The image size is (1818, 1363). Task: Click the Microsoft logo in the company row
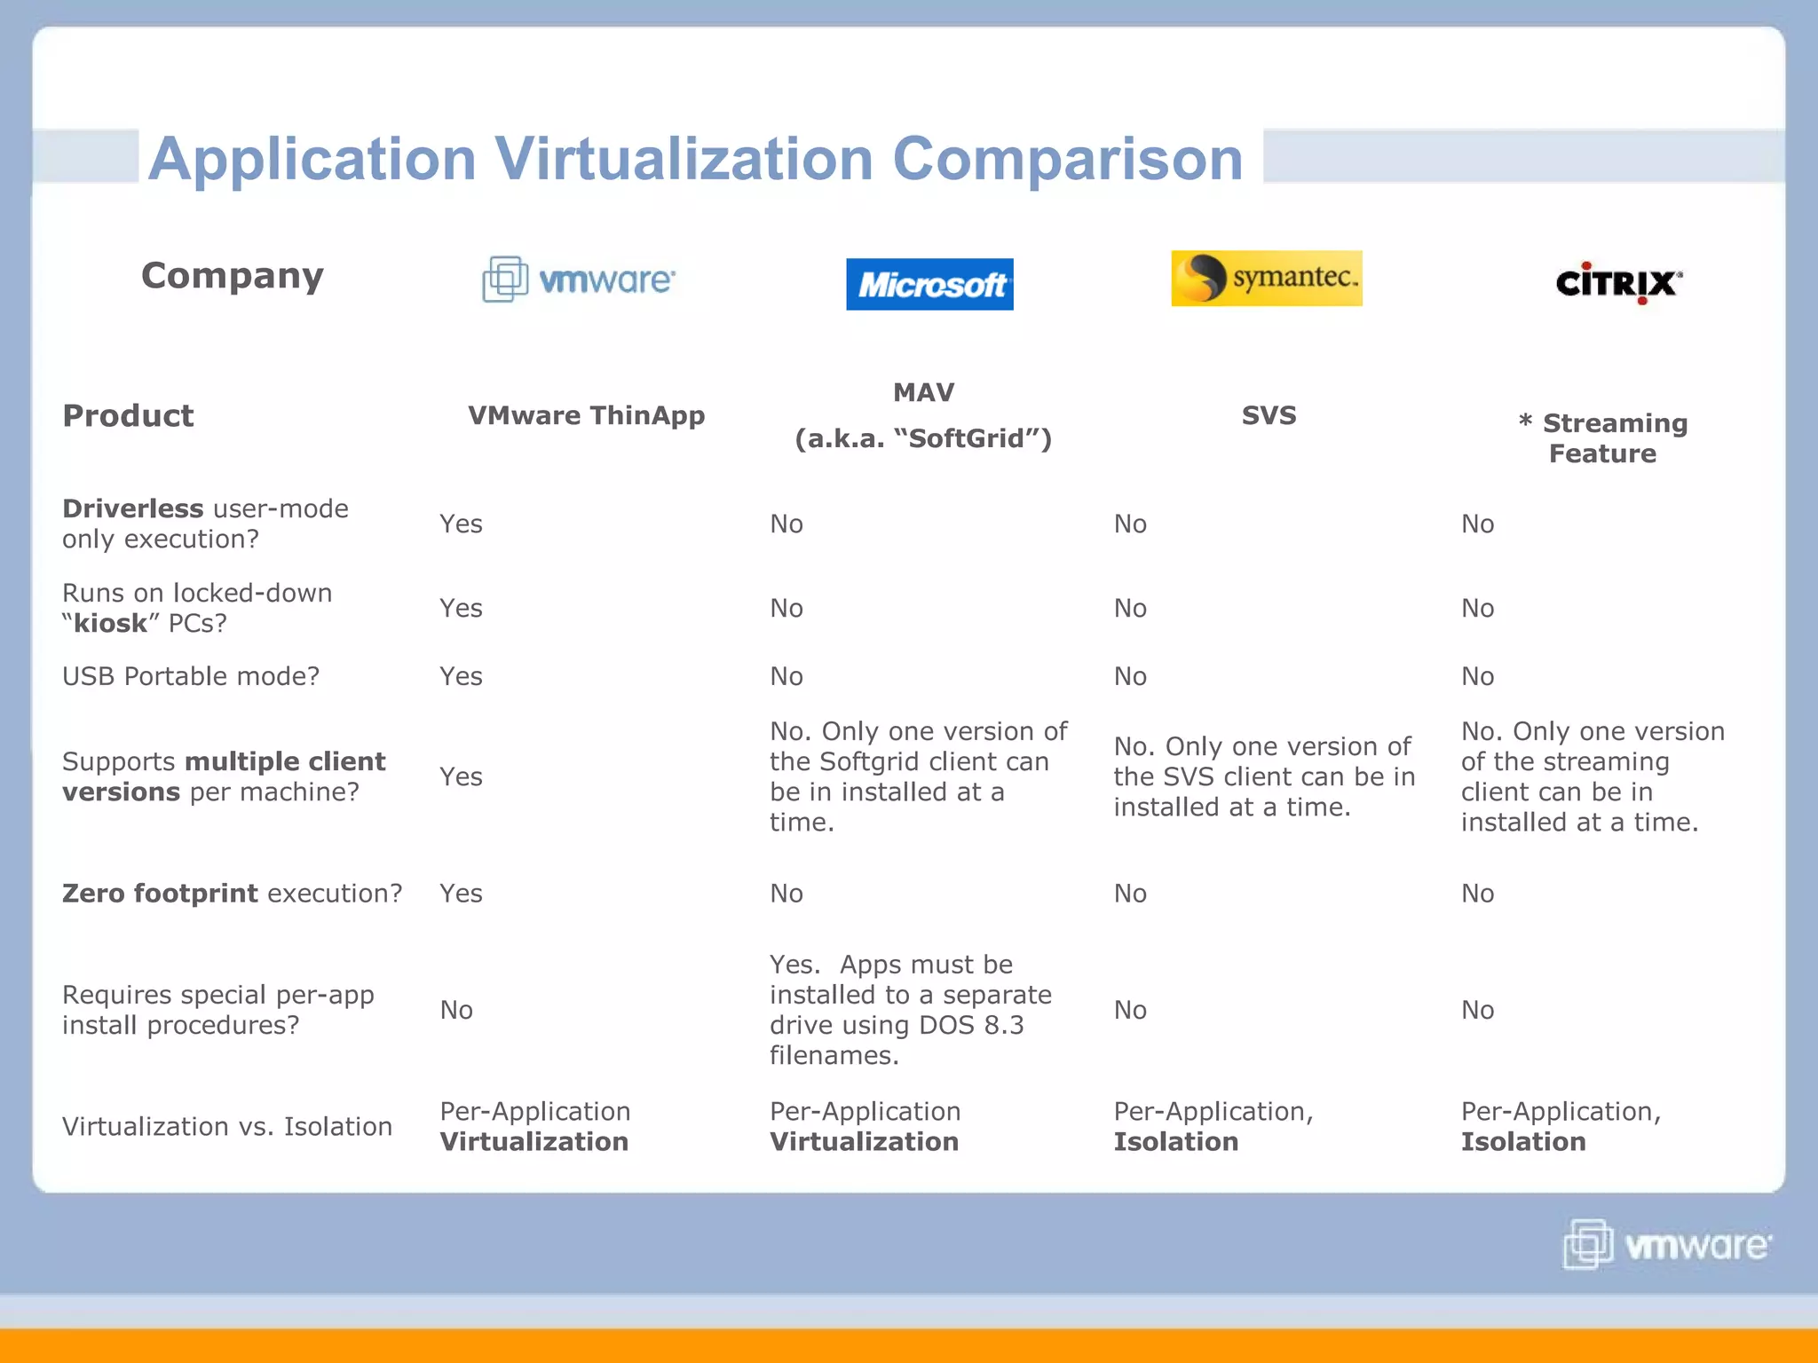(929, 284)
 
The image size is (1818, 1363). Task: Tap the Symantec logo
(1267, 278)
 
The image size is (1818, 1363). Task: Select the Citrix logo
(1618, 284)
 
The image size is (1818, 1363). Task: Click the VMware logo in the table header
(579, 280)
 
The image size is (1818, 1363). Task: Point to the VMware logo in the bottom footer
(1667, 1244)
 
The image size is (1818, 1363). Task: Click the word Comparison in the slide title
(1067, 160)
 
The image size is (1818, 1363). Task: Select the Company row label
(233, 276)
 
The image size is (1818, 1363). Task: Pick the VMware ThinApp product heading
(586, 415)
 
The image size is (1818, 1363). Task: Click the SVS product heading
(1269, 415)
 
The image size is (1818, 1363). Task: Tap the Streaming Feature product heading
(1603, 438)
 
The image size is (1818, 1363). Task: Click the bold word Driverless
(133, 508)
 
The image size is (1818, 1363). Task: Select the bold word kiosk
(110, 623)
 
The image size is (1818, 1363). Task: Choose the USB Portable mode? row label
(191, 676)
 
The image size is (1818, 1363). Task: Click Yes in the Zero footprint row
(461, 893)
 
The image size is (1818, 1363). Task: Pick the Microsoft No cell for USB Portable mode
(786, 676)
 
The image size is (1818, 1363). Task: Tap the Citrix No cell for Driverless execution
(1478, 524)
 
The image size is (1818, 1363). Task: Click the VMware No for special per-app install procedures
(456, 1010)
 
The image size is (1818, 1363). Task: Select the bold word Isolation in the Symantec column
(1176, 1142)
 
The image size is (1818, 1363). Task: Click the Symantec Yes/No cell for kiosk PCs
(1130, 608)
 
